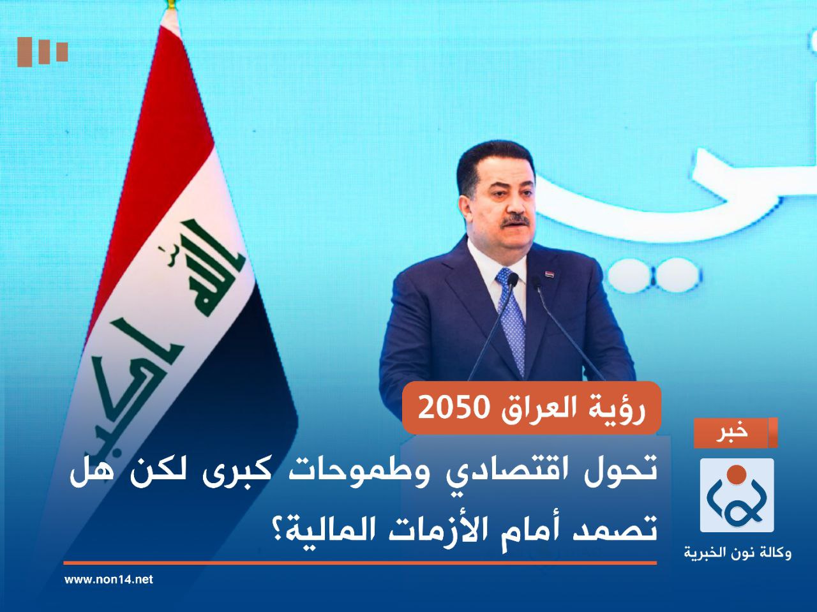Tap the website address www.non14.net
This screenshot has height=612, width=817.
click(109, 579)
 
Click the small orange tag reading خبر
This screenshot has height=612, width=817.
click(736, 432)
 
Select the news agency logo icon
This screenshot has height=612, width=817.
click(737, 495)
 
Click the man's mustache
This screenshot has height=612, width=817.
click(516, 221)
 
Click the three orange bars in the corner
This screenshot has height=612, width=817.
click(42, 51)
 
